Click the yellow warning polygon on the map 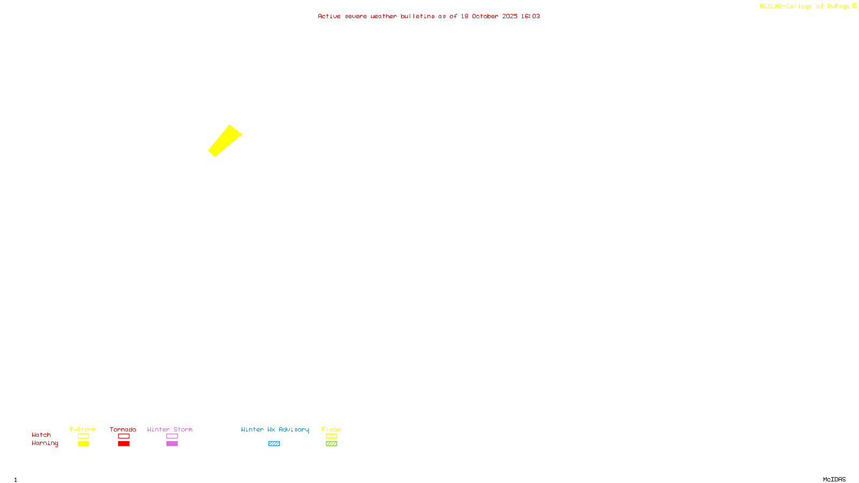(x=225, y=141)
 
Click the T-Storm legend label (x=83, y=429)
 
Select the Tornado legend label (x=123, y=429)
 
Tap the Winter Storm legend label (x=170, y=429)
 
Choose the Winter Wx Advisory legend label (x=275, y=429)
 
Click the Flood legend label (x=331, y=429)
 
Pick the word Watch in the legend (x=41, y=435)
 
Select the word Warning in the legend (x=45, y=443)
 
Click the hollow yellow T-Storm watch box (x=83, y=436)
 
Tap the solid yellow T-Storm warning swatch (x=83, y=444)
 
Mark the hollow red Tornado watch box (x=123, y=436)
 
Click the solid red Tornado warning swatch (x=123, y=444)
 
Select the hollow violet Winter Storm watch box (x=172, y=436)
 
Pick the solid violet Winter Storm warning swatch (x=172, y=444)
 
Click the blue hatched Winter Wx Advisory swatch (x=274, y=444)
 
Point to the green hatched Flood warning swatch (x=331, y=444)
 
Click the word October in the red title (x=485, y=16)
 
